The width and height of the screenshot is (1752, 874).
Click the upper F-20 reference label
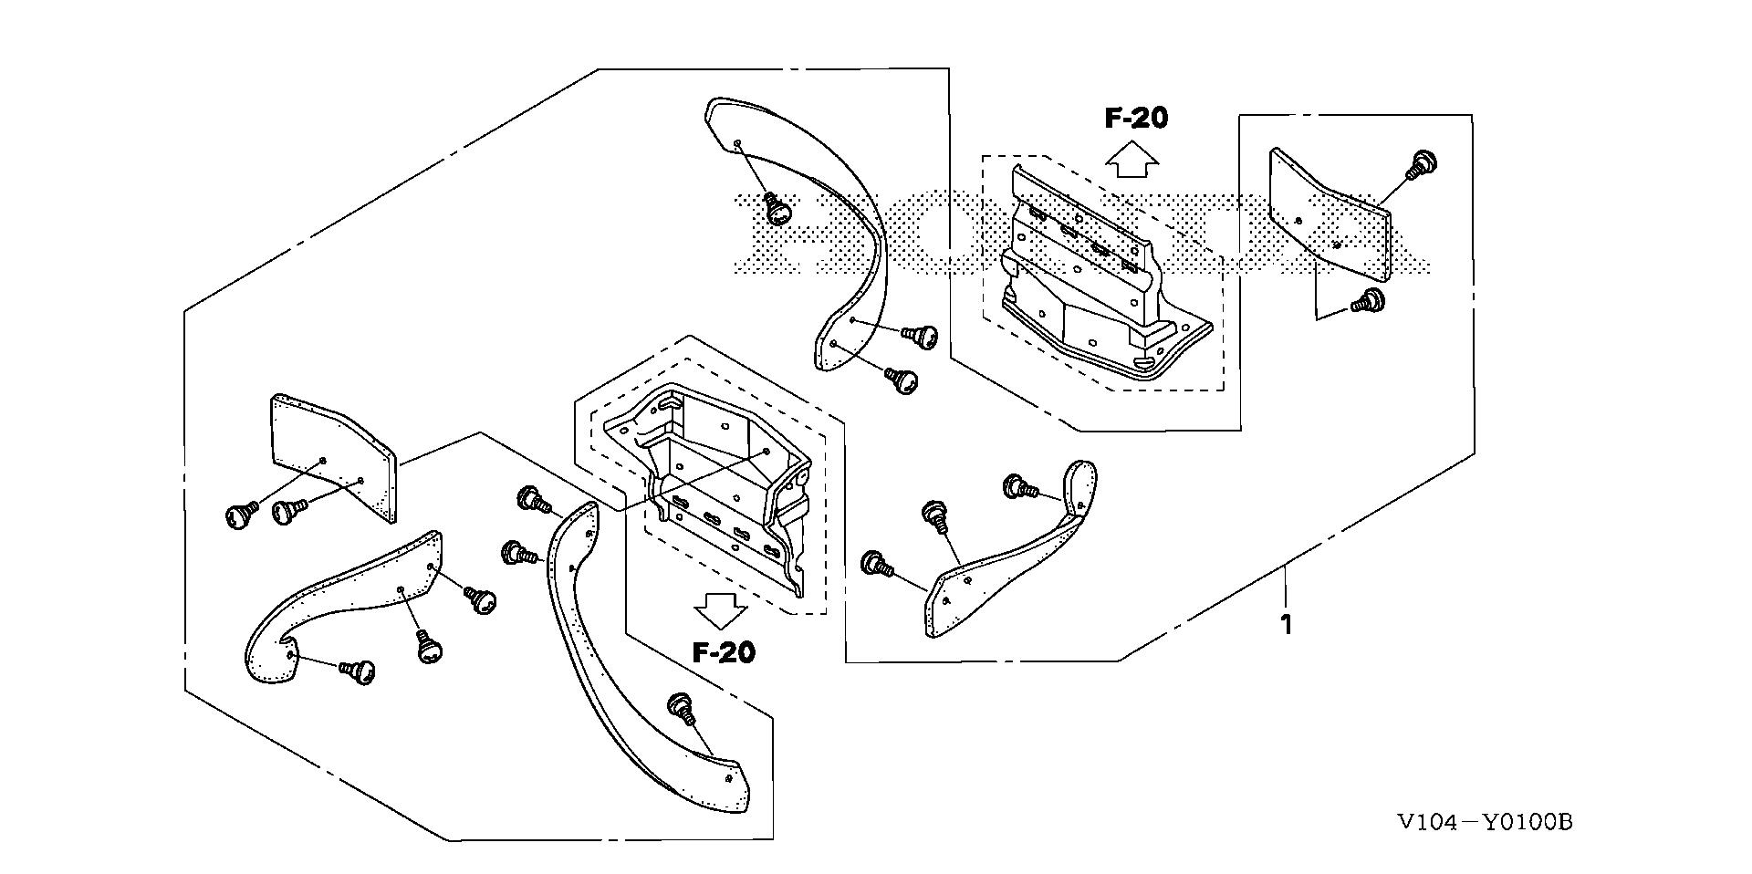point(1135,118)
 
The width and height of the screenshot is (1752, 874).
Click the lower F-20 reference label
point(724,652)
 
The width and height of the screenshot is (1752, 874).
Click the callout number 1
point(1287,625)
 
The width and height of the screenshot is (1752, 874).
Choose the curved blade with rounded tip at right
point(1013,557)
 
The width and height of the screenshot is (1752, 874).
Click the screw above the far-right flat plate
point(1421,164)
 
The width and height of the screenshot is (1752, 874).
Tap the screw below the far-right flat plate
point(1367,301)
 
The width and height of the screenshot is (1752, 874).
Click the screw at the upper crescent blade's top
point(777,209)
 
